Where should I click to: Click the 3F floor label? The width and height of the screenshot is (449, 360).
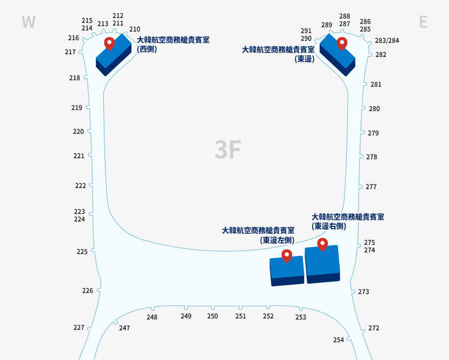[x=227, y=150]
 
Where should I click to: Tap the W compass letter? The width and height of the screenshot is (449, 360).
[x=28, y=22]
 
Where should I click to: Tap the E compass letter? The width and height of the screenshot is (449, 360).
[x=423, y=22]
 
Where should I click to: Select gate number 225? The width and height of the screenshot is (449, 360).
[x=82, y=252]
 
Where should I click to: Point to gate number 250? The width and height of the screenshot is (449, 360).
[x=213, y=316]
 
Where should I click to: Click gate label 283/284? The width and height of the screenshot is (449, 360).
[x=387, y=41]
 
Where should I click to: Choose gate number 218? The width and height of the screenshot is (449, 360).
[x=75, y=78]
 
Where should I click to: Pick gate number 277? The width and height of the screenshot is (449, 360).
[x=371, y=187]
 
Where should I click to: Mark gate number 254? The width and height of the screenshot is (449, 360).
[x=339, y=340]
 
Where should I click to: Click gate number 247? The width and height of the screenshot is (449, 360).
[x=124, y=328]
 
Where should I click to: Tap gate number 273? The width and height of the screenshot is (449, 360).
[x=364, y=292]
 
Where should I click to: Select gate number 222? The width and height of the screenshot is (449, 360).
[x=81, y=186]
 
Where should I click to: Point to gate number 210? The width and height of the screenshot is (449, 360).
[x=135, y=29]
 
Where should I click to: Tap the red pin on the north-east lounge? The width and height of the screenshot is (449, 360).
[x=341, y=43]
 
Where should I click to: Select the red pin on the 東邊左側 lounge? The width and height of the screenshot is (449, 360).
[x=287, y=256]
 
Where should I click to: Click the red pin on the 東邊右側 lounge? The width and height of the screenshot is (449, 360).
[x=322, y=244]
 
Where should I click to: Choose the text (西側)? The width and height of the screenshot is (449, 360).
[x=147, y=49]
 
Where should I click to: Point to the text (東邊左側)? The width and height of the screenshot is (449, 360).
[x=277, y=240]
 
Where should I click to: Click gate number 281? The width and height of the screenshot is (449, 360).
[x=376, y=84]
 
